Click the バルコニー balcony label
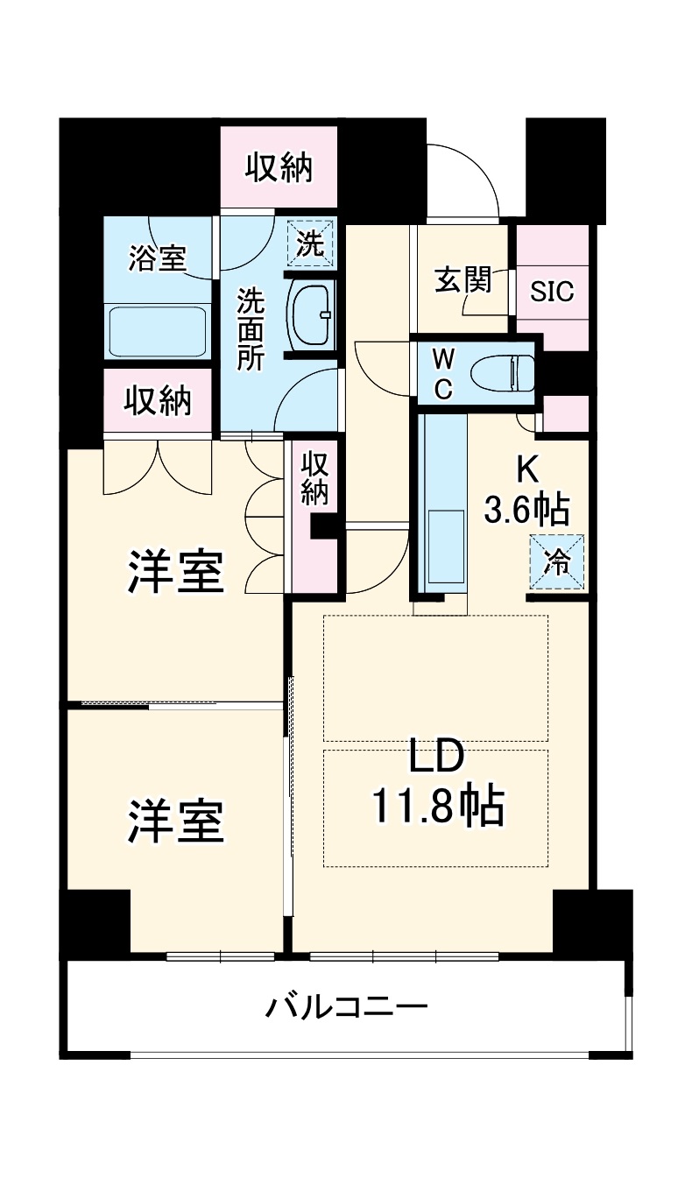point(347,1006)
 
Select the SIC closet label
point(553,290)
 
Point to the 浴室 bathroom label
point(159,258)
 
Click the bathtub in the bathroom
point(159,332)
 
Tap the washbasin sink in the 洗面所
point(312,315)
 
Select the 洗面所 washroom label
point(251,330)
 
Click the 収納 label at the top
point(279,167)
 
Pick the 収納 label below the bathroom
point(158,401)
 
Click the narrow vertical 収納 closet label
point(314,477)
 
